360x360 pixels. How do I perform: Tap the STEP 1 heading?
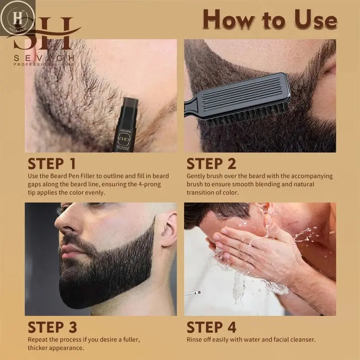tap(52, 164)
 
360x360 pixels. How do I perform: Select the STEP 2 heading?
tap(211, 164)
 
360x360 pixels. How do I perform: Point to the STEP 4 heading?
tap(211, 327)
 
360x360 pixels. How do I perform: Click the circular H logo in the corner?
tap(18, 17)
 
